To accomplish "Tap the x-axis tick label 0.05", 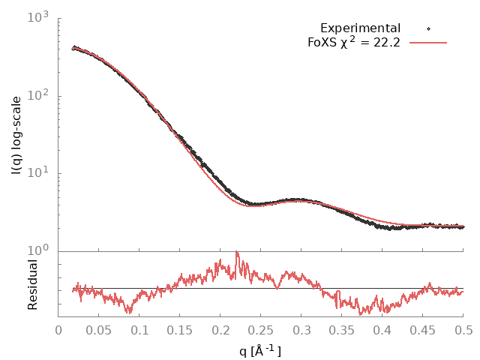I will [x=99, y=330].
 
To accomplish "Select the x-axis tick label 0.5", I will [x=463, y=330].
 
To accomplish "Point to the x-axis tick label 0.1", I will [x=139, y=330].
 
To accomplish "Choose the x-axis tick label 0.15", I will [x=180, y=330].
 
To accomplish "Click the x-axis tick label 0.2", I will [x=220, y=330].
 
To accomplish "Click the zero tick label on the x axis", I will [x=58, y=330].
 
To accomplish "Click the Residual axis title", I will [x=33, y=284].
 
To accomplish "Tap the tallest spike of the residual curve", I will [x=237, y=252].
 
